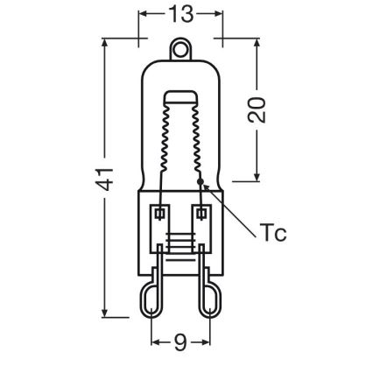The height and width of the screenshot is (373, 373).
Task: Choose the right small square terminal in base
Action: click(203, 213)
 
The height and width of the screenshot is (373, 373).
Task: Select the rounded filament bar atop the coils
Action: click(181, 97)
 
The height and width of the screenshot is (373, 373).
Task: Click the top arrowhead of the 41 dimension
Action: click(104, 45)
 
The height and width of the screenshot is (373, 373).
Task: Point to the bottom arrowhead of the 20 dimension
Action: click(257, 179)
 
